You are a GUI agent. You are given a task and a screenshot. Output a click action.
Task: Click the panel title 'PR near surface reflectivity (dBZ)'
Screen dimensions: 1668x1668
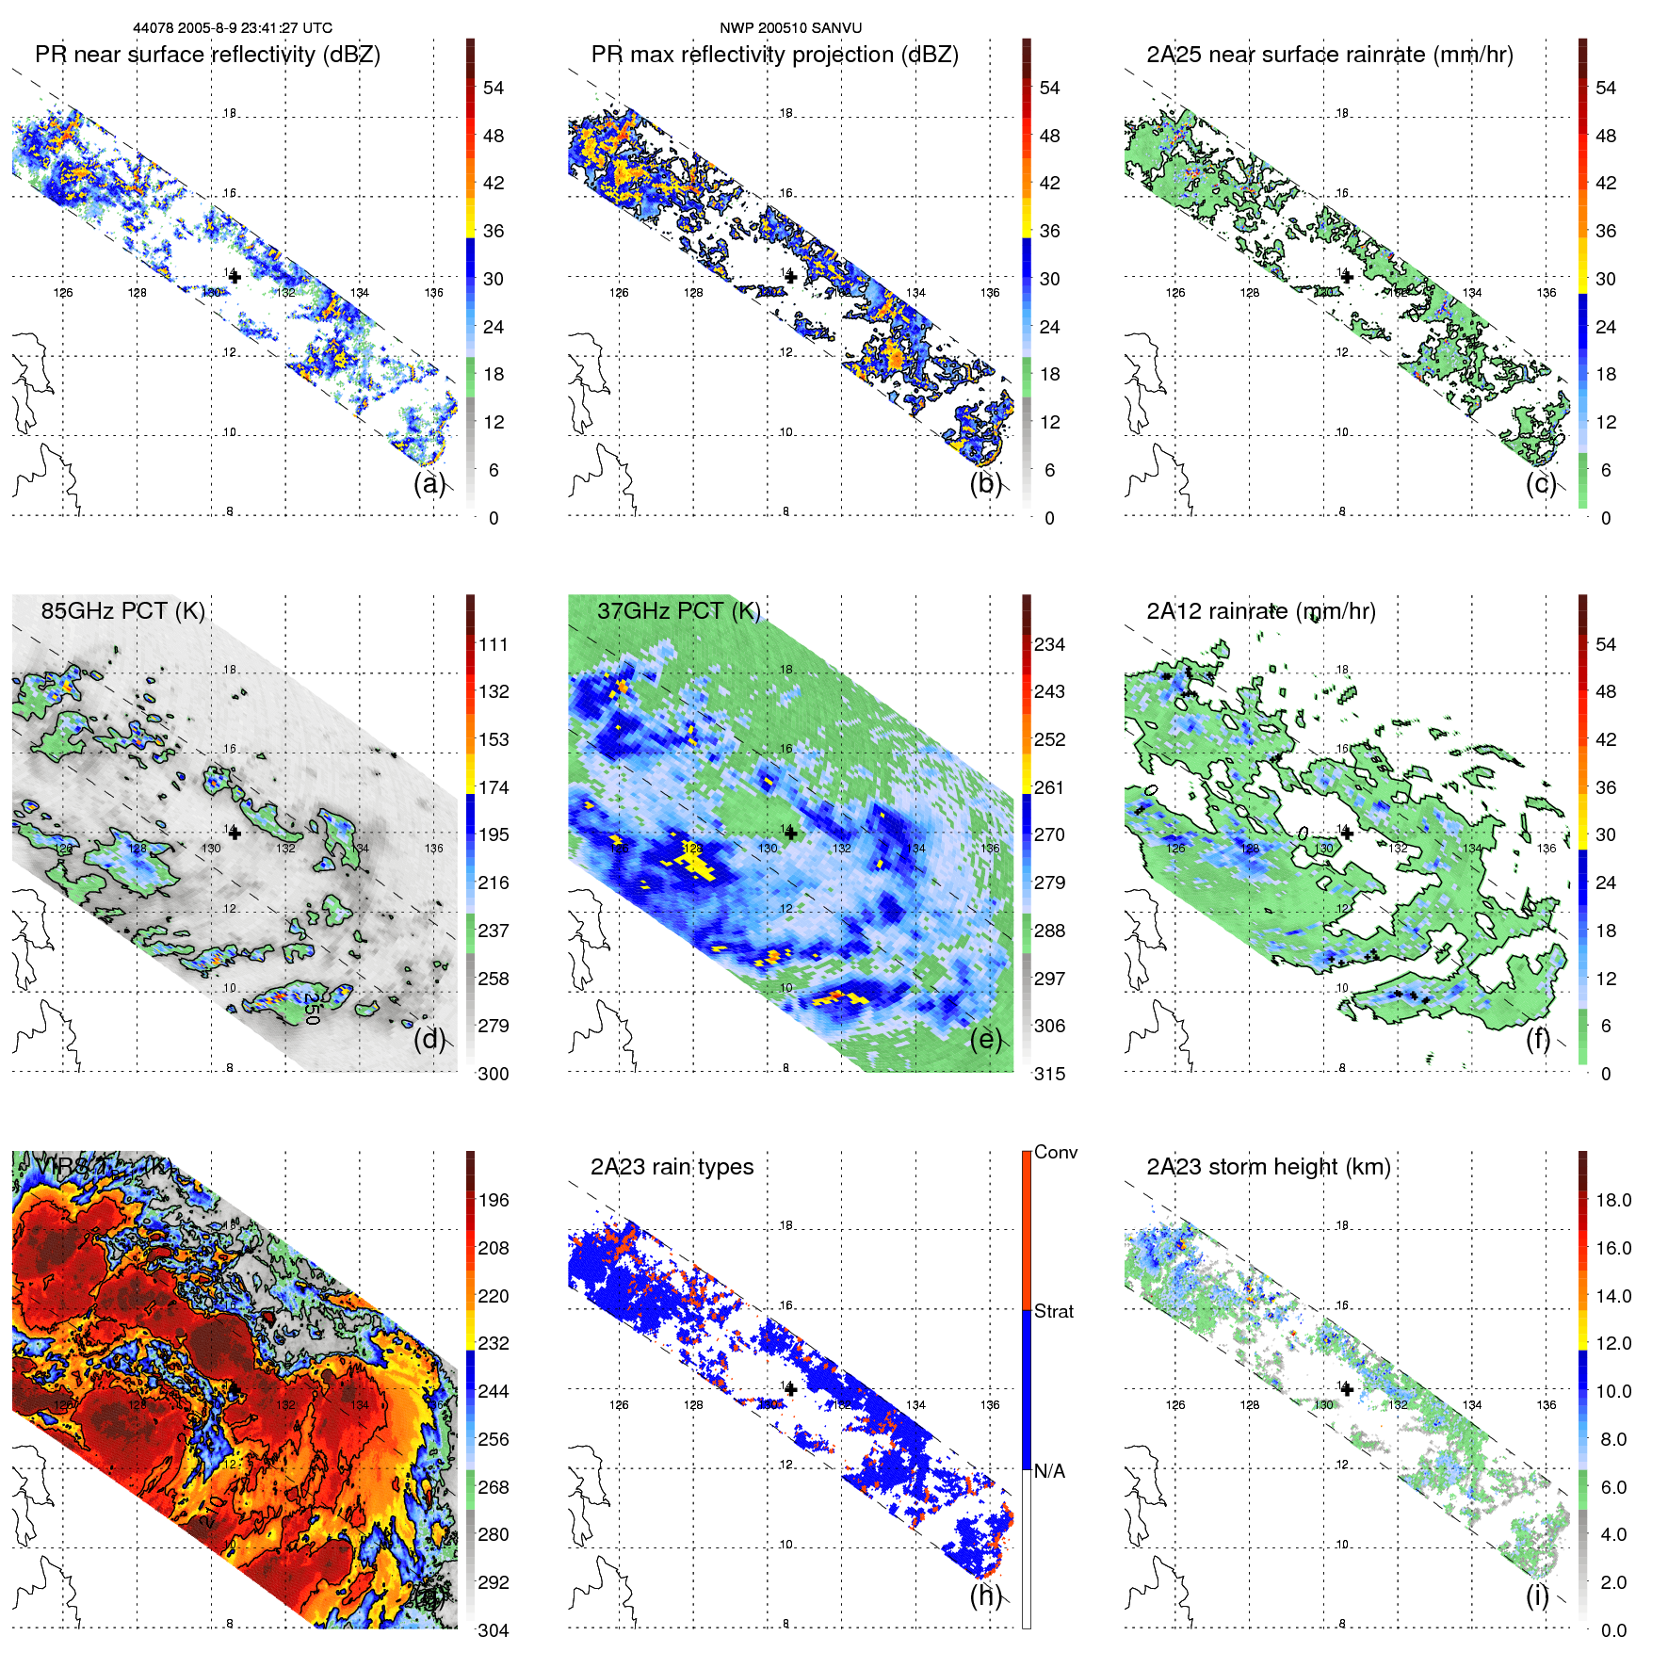pos(207,55)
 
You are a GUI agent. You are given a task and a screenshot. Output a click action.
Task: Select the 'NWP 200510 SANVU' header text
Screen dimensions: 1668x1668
pos(790,28)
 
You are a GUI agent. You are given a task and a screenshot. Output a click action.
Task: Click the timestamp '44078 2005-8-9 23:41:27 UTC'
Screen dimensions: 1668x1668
pos(232,28)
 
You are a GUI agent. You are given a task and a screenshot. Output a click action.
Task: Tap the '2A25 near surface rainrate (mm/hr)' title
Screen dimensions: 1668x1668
pos(1329,55)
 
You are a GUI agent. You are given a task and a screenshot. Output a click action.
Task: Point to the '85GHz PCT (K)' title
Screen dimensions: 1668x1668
pos(122,610)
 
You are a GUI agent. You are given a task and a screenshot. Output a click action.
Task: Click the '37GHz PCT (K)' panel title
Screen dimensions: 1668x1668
pos(678,610)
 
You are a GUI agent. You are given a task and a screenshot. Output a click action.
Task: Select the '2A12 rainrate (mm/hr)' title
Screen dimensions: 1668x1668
pos(1260,610)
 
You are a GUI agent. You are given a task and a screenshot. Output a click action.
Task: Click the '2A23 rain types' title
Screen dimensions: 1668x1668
pos(672,1167)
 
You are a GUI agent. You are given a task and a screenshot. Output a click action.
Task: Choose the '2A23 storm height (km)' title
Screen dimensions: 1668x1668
pos(1268,1167)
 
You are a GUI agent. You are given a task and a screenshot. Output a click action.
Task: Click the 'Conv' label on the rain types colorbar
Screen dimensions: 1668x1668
pos(1055,1152)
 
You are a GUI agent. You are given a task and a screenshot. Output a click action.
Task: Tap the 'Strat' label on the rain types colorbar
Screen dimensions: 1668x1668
pos(1053,1311)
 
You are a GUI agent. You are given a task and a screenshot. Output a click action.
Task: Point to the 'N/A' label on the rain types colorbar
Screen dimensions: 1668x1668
pos(1049,1471)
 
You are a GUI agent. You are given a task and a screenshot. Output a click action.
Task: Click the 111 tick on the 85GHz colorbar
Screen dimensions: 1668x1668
pos(494,644)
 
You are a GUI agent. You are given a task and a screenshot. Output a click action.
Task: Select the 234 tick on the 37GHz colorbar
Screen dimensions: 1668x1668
pos(1049,644)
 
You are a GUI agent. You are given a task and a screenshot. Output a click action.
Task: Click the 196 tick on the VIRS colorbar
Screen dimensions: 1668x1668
pos(494,1200)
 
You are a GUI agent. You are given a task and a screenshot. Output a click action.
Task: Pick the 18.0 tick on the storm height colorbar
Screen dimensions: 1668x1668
pos(1612,1200)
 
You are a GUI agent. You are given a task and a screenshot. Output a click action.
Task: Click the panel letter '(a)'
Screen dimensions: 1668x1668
pos(429,483)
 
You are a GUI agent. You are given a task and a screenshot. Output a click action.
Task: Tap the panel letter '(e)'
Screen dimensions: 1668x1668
pos(985,1039)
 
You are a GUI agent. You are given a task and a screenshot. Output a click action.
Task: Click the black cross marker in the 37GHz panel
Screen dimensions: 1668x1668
pos(790,833)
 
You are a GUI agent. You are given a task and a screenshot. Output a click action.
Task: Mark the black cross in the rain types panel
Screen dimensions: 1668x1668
pos(790,1389)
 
